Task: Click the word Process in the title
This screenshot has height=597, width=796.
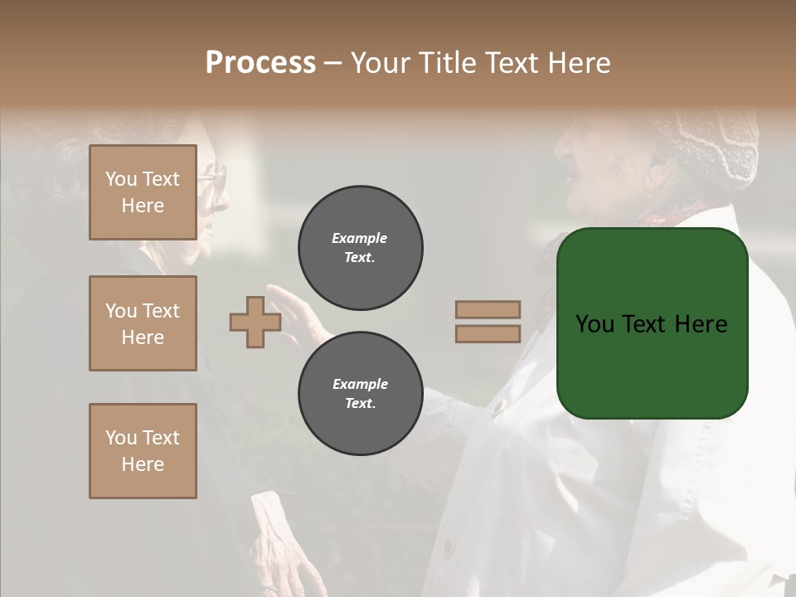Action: (x=260, y=63)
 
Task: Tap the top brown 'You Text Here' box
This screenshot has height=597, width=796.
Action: (x=143, y=192)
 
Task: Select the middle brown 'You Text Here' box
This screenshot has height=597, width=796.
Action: (x=143, y=323)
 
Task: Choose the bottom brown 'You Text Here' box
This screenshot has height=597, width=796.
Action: (x=143, y=451)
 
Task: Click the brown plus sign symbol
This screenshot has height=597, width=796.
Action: (x=255, y=323)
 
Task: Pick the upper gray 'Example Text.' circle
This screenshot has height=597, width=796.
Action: (x=360, y=248)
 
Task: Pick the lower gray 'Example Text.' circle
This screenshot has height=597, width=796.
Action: (x=360, y=393)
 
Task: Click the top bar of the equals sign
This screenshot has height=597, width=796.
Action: (x=488, y=309)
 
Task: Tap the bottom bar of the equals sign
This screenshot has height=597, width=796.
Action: (x=488, y=334)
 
